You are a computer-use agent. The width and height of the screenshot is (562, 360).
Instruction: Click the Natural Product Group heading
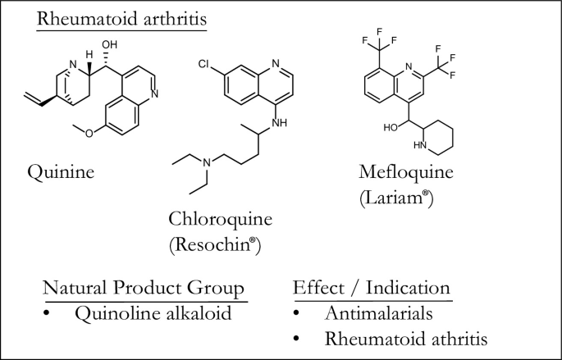pyautogui.click(x=144, y=290)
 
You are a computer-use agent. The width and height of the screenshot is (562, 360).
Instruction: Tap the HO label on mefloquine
pyautogui.click(x=391, y=128)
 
